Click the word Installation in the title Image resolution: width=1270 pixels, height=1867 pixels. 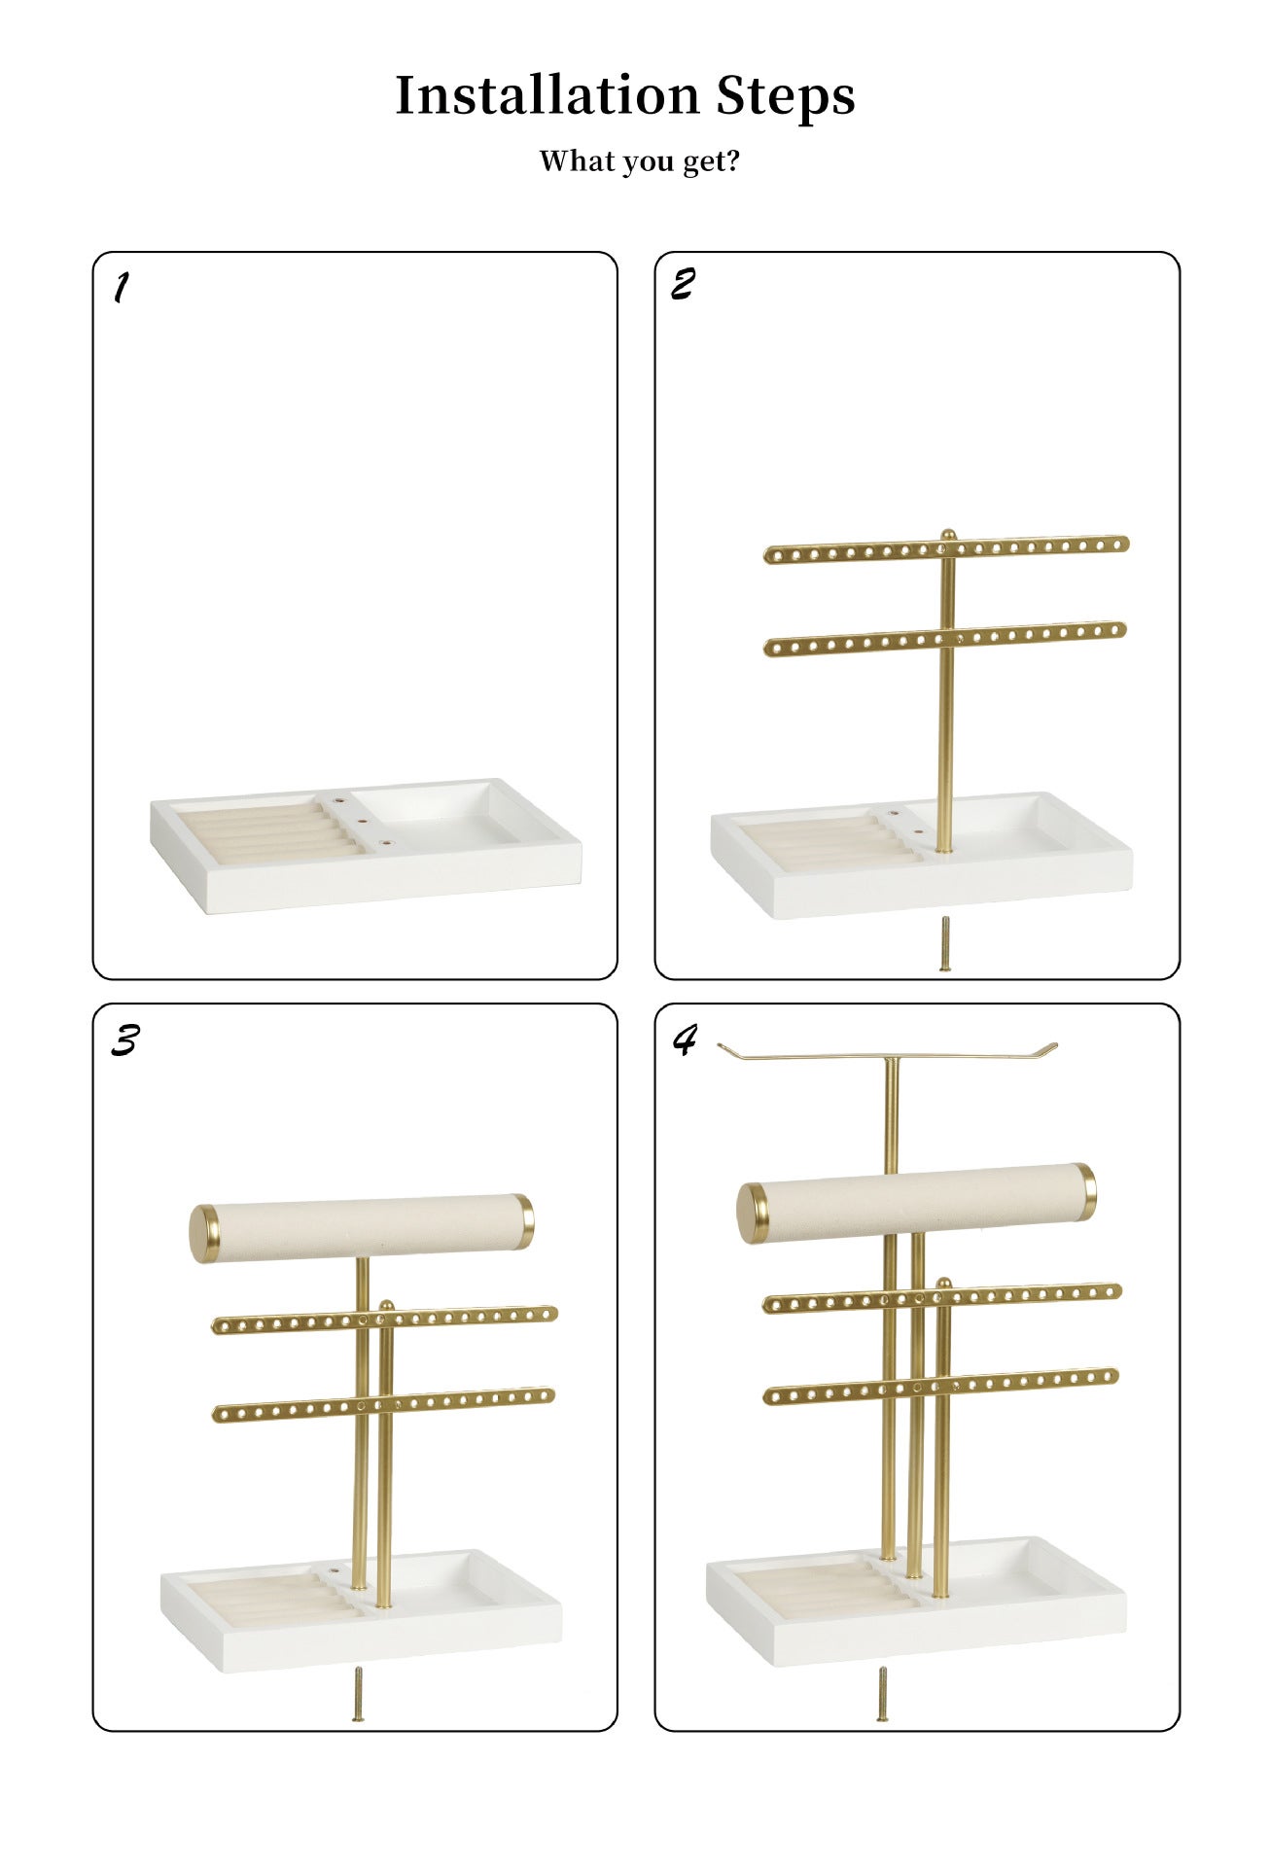click(x=547, y=95)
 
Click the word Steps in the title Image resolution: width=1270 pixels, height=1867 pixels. click(x=786, y=97)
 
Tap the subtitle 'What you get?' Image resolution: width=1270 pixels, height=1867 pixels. click(x=639, y=160)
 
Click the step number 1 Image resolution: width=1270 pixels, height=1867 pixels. click(x=120, y=287)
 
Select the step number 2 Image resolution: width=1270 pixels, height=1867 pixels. click(x=683, y=284)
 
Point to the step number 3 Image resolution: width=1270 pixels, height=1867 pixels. click(x=123, y=1040)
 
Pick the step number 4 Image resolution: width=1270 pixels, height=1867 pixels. click(x=685, y=1039)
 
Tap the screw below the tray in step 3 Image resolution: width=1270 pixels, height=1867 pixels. click(x=358, y=1694)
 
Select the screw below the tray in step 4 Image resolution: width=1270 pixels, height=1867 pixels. click(x=882, y=1693)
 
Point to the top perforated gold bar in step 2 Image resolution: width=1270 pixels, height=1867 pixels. click(x=856, y=552)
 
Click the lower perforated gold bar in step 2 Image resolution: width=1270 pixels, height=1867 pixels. click(x=856, y=642)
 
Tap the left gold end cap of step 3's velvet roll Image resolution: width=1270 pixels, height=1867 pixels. click(x=204, y=1233)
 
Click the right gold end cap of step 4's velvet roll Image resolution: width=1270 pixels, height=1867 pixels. click(x=1085, y=1190)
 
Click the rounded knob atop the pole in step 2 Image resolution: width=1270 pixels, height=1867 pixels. click(x=948, y=534)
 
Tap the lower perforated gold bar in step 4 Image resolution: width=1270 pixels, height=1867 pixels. click(x=846, y=1391)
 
